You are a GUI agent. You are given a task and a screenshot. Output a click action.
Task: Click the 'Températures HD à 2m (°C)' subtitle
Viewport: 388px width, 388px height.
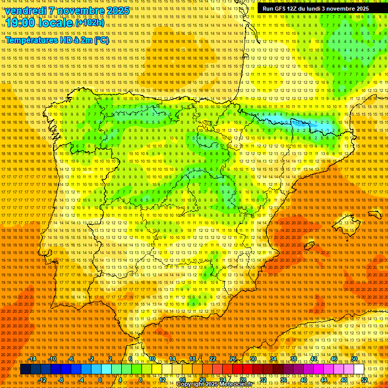(57, 40)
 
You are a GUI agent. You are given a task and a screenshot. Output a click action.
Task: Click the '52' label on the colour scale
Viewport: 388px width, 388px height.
(364, 380)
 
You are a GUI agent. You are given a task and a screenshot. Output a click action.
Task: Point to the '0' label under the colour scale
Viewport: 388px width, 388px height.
(100, 380)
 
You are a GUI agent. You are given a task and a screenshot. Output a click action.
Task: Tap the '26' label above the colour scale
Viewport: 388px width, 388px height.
(233, 359)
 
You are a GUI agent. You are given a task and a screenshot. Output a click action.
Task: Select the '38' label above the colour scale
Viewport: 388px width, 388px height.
(293, 359)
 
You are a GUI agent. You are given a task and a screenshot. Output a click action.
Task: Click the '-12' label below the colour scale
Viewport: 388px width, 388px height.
(42, 380)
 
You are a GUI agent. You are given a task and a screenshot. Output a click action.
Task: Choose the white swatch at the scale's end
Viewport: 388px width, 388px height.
(359, 369)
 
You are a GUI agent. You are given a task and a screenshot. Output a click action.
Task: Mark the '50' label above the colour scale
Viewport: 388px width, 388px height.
(354, 359)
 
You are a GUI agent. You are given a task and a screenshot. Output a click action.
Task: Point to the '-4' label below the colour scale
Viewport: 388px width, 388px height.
(81, 380)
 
